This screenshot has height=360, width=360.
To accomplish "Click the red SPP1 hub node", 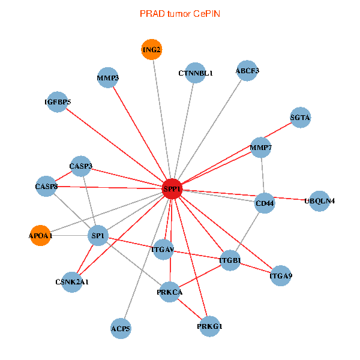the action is tap(172, 189).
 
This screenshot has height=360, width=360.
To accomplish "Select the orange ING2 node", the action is tap(152, 50).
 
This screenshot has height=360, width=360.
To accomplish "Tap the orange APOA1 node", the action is tap(41, 236).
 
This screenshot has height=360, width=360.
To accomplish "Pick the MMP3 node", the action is tap(107, 78).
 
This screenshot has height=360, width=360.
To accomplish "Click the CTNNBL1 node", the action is tap(196, 73).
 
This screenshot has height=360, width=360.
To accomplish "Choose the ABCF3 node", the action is tap(247, 71).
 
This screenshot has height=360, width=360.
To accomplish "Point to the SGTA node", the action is tap(300, 118).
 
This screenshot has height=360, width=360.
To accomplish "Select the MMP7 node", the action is tap(261, 147).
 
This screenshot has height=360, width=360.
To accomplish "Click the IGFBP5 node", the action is tap(58, 102).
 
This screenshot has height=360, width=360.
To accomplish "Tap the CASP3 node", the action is tap(81, 166).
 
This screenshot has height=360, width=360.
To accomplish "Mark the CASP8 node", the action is tap(46, 187).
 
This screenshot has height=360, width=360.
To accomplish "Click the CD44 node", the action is tap(265, 203).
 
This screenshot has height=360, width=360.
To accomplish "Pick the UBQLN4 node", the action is tap(319, 200).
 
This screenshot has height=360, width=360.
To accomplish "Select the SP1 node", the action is tap(98, 236).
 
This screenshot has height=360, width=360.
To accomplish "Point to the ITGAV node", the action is tap(163, 249).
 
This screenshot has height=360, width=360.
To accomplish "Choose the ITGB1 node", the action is tap(230, 260).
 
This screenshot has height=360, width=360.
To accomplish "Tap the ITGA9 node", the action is tap(281, 276).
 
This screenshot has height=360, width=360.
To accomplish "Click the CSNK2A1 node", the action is tap(72, 281).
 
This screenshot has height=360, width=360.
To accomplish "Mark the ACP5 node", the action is tap(121, 328).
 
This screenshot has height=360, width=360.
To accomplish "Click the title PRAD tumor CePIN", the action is tap(179, 13).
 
